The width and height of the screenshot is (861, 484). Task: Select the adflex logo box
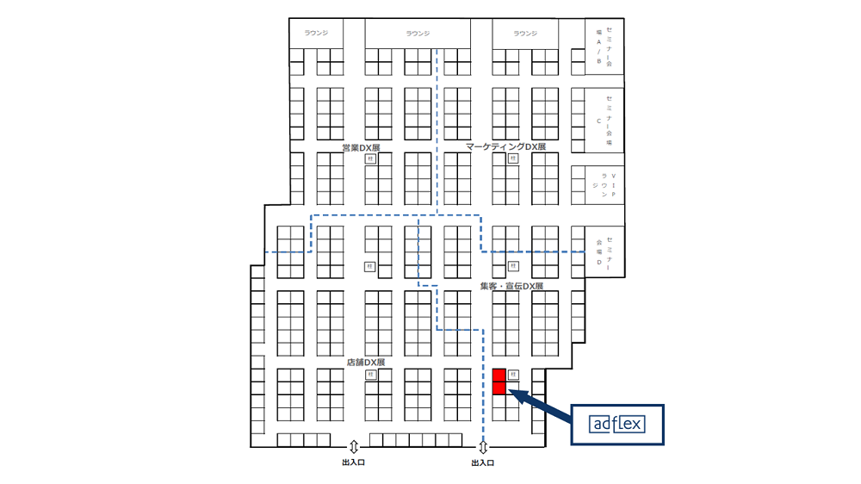pyautogui.click(x=618, y=424)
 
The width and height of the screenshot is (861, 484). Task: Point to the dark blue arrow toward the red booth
pyautogui.click(x=543, y=406)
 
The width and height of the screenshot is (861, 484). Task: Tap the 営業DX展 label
pyautogui.click(x=361, y=147)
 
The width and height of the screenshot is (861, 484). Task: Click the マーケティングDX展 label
pyautogui.click(x=506, y=147)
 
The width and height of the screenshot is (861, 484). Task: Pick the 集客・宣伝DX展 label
pyautogui.click(x=512, y=285)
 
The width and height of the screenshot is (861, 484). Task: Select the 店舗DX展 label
pyautogui.click(x=365, y=363)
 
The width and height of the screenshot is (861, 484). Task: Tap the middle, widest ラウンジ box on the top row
pyautogui.click(x=418, y=34)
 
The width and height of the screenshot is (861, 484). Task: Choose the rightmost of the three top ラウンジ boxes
pyautogui.click(x=525, y=34)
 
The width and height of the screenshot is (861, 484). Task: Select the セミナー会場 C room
pyautogui.click(x=604, y=120)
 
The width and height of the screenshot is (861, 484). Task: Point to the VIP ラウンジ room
pyautogui.click(x=604, y=184)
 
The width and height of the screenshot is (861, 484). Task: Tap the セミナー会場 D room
pyautogui.click(x=604, y=251)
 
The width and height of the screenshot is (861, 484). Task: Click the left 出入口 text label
pyautogui.click(x=353, y=463)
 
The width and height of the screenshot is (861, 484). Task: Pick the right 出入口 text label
pyautogui.click(x=483, y=463)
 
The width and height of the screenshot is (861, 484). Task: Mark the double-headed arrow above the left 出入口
pyautogui.click(x=353, y=447)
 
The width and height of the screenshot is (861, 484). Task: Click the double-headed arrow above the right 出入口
pyautogui.click(x=483, y=447)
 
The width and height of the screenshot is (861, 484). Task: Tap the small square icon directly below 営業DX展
pyautogui.click(x=369, y=159)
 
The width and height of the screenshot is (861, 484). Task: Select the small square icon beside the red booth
pyautogui.click(x=513, y=375)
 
